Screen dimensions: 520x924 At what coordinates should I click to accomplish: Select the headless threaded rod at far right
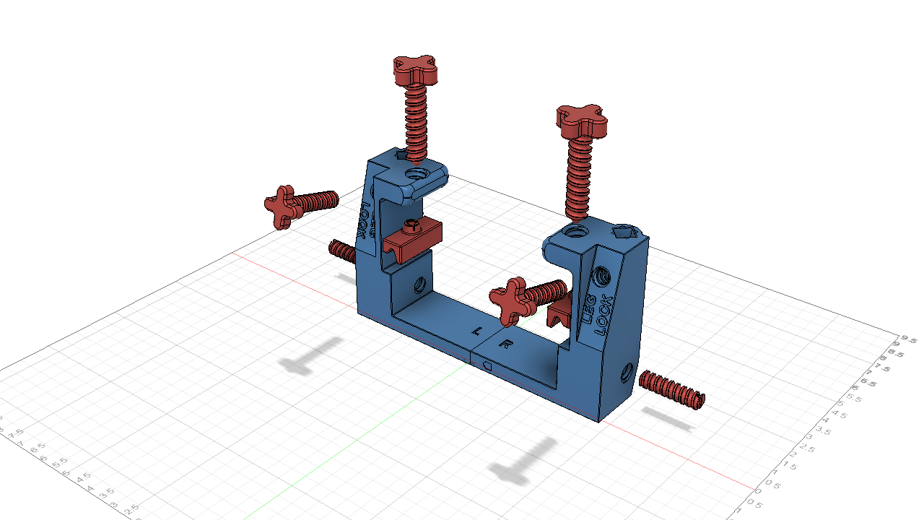point(671,389)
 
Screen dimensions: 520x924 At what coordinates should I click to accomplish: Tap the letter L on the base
point(476,331)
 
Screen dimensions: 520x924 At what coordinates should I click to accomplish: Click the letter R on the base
point(506,344)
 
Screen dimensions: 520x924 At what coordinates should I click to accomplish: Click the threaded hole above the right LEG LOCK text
point(601,275)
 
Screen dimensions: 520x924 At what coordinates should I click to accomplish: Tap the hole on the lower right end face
point(625,374)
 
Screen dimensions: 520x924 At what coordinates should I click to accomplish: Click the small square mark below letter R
point(487,366)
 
